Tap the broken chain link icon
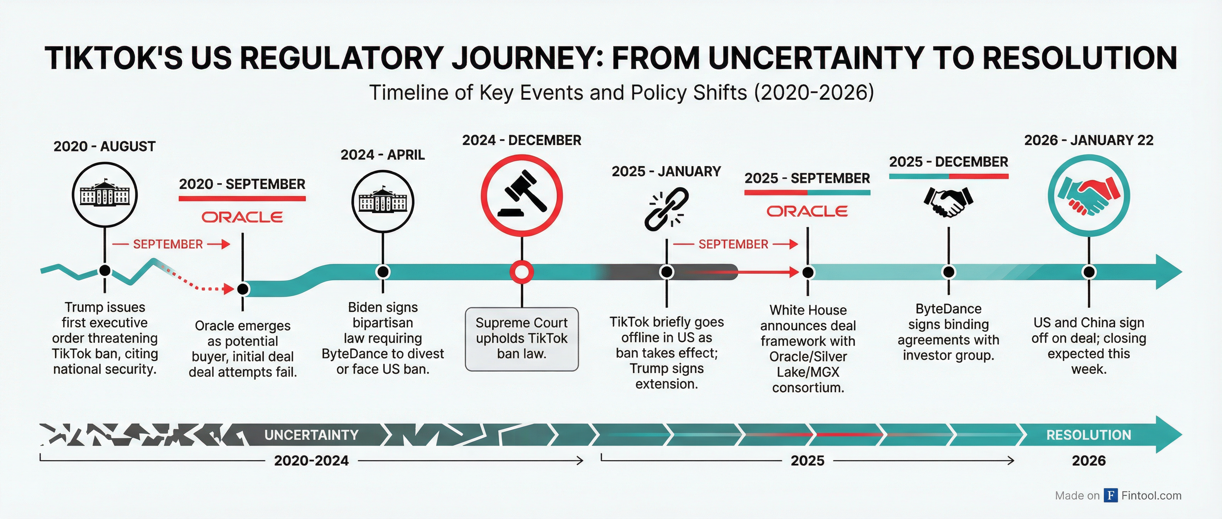click(666, 209)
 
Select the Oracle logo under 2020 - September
click(242, 217)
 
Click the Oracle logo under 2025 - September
click(807, 211)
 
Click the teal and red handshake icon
click(1088, 196)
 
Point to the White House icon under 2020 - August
click(105, 195)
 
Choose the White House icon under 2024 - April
click(383, 202)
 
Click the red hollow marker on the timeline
click(522, 272)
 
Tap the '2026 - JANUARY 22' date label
click(1088, 140)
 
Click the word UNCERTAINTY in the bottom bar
click(311, 435)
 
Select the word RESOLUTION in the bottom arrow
click(1088, 435)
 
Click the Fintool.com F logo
click(1110, 495)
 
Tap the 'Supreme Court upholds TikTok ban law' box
click(522, 339)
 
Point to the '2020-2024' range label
click(311, 461)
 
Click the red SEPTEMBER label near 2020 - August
click(167, 244)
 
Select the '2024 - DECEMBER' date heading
click(522, 140)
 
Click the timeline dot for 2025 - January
click(667, 272)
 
